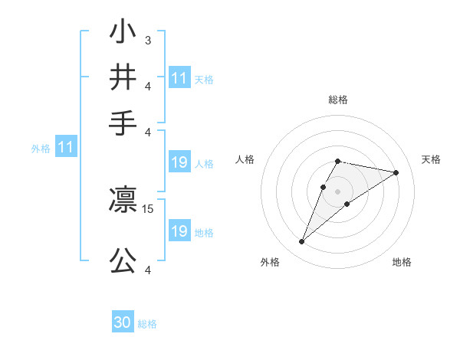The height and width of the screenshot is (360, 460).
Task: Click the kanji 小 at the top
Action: [123, 35]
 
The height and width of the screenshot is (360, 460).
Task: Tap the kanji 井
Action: [123, 78]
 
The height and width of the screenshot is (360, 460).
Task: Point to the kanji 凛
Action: [123, 201]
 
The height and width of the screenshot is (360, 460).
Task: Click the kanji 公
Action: [123, 260]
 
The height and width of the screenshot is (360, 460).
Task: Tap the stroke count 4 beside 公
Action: [147, 270]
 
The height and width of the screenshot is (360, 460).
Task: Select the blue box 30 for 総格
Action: [123, 323]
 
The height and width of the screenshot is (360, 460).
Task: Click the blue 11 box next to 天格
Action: [179, 78]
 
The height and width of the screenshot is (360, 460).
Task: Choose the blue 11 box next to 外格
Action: [66, 149]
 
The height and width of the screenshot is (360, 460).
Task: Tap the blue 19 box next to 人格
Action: [179, 162]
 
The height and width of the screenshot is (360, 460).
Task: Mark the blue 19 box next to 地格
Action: [179, 231]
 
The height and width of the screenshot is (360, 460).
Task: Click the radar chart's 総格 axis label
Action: [337, 100]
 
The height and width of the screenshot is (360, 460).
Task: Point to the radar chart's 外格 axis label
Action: [270, 262]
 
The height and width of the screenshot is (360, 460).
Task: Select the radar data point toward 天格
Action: [396, 172]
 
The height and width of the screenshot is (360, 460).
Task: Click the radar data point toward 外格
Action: [301, 242]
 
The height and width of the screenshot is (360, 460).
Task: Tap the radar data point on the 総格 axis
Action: [337, 161]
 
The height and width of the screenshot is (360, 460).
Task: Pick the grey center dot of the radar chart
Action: [337, 191]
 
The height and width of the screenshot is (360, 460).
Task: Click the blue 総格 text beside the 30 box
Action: [147, 324]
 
